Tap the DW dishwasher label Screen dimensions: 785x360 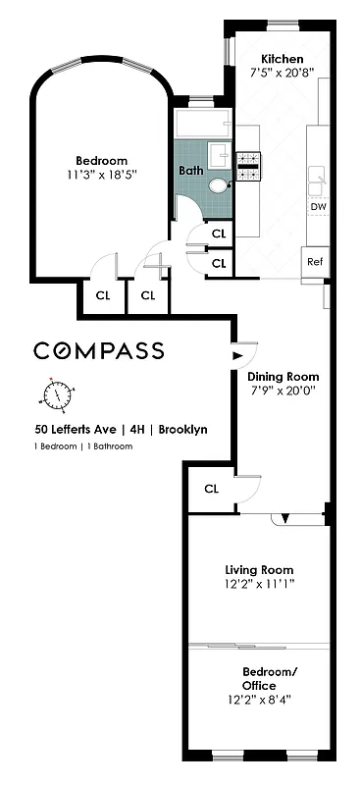pyautogui.click(x=318, y=207)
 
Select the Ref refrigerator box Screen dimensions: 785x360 pyautogui.click(x=315, y=261)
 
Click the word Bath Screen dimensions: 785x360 pyautogui.click(x=191, y=170)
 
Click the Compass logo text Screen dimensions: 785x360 pyautogui.click(x=99, y=350)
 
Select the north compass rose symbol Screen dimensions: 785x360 pyautogui.click(x=58, y=394)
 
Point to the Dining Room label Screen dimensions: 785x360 pyautogui.click(x=283, y=376)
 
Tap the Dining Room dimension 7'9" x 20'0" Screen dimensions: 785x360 pyautogui.click(x=283, y=391)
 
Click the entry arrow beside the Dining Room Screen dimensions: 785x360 pyautogui.click(x=236, y=357)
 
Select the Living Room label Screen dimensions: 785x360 pyautogui.click(x=259, y=570)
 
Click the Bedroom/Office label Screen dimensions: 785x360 pyautogui.click(x=259, y=678)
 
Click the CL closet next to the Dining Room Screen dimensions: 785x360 pyautogui.click(x=211, y=488)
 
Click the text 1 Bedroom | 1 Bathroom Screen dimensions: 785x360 pyautogui.click(x=82, y=446)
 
